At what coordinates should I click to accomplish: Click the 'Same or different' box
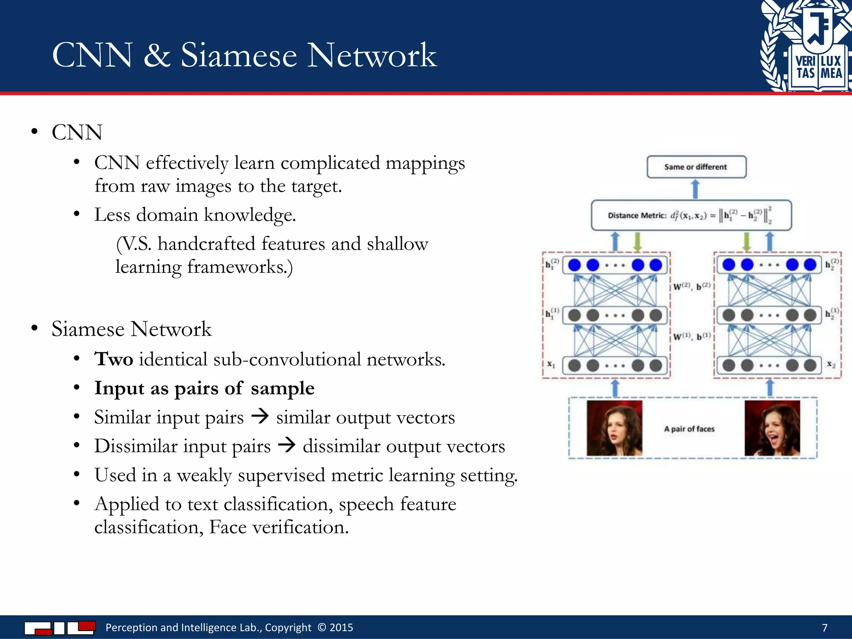[696, 167]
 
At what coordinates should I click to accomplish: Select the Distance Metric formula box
[691, 215]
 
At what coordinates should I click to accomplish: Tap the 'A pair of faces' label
[689, 429]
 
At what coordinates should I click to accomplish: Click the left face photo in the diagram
[614, 428]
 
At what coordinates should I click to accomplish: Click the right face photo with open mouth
[772, 428]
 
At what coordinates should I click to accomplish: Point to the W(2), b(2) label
[692, 286]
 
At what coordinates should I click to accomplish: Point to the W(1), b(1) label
[692, 336]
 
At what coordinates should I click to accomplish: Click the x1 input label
[551, 364]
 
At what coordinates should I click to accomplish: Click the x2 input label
[831, 364]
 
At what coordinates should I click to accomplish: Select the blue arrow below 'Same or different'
[695, 189]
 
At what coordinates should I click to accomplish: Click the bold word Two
[114, 359]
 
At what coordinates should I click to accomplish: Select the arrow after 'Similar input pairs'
[260, 416]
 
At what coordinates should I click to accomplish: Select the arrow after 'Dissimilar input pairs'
[287, 445]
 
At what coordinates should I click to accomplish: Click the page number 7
[825, 627]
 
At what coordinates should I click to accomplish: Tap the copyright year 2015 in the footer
[341, 627]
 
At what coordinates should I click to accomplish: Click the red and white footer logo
[59, 627]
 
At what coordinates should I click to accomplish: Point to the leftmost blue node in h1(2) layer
[574, 265]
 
